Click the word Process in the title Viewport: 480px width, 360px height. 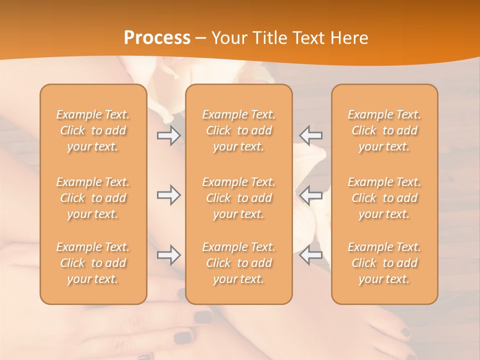click(x=157, y=38)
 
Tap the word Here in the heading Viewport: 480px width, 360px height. click(x=349, y=38)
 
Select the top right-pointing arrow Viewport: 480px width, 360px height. click(x=168, y=135)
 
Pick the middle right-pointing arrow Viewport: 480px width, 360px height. click(x=168, y=195)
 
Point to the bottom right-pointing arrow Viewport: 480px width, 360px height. click(x=168, y=255)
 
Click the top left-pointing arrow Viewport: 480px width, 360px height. click(x=310, y=135)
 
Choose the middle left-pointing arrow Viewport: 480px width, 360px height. click(x=310, y=195)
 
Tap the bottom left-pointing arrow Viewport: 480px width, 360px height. click(x=310, y=255)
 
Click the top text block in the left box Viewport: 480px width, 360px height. click(x=93, y=130)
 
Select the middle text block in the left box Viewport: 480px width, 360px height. click(x=93, y=198)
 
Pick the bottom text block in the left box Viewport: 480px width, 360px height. click(x=93, y=263)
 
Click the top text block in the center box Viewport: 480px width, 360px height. click(x=239, y=130)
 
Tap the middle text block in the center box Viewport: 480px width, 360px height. click(x=239, y=198)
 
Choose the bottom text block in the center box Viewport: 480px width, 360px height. click(x=239, y=263)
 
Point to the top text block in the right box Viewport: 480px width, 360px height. click(x=384, y=130)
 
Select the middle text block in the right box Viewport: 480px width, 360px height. click(x=384, y=198)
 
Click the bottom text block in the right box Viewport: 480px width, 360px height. click(x=384, y=263)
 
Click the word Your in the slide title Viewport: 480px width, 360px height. click(x=227, y=38)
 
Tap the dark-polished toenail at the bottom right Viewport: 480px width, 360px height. click(x=405, y=332)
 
